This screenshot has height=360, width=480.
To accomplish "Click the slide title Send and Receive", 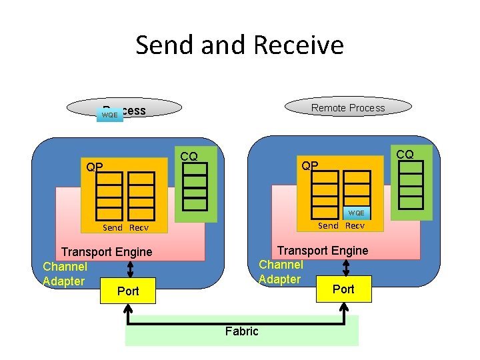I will [x=239, y=45].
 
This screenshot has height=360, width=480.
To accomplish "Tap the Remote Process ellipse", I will [x=348, y=107].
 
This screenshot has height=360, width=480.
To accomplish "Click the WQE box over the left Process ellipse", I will [x=109, y=115].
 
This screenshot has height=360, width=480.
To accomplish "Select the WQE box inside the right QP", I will [x=356, y=213].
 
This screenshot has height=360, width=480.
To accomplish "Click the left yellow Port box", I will [x=127, y=291].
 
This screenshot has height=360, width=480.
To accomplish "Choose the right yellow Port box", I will [x=343, y=289].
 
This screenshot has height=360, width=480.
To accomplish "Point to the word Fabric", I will [x=241, y=331].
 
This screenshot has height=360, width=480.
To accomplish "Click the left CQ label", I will [x=189, y=156].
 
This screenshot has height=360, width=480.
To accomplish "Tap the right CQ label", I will [x=405, y=154].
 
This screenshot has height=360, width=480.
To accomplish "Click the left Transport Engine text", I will [x=107, y=252].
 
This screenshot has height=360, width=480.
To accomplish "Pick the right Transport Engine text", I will [x=323, y=251].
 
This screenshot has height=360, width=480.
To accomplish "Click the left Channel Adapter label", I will [x=65, y=274].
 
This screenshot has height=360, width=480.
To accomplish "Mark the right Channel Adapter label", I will [x=281, y=272].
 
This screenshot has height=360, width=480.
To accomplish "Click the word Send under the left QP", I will [x=112, y=227].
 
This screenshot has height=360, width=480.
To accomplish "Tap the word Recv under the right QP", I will [x=355, y=225].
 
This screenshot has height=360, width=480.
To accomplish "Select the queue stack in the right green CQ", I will [x=411, y=182].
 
